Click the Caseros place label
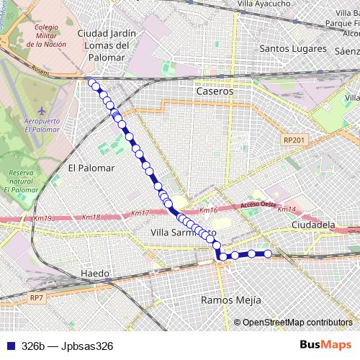coord(215,92)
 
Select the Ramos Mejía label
coord(230,300)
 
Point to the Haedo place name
coord(95,274)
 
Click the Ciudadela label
coord(314,225)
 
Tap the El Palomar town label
coord(91,168)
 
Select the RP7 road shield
coord(37,297)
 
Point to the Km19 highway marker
coord(42,217)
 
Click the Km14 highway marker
coord(287,210)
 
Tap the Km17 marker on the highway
coord(140,213)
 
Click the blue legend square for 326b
coord(10,346)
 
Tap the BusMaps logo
coord(325,345)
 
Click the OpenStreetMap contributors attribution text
coord(297,322)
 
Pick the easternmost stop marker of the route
coord(268,253)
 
